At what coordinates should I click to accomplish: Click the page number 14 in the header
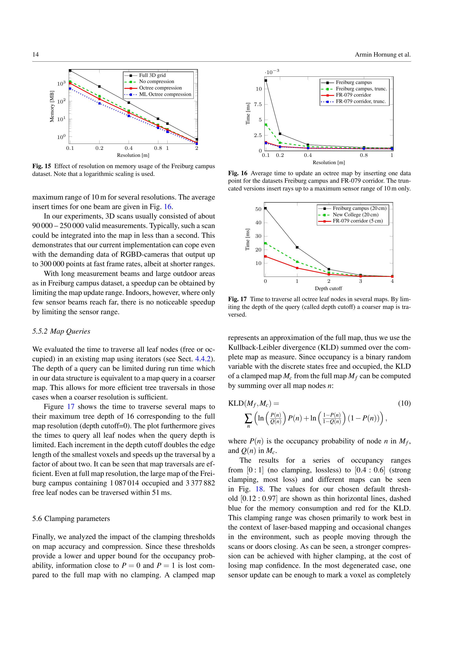(35, 55)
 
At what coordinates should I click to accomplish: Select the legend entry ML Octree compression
(165, 94)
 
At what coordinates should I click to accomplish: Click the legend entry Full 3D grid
(152, 75)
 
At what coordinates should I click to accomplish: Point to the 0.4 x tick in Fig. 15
(129, 148)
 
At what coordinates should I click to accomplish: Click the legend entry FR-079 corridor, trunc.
(361, 101)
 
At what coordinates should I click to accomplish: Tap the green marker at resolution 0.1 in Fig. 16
(266, 124)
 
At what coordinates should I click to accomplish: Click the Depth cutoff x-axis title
(328, 288)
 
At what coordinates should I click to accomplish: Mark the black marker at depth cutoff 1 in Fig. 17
(297, 247)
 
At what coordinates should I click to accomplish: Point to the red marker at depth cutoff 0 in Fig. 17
(265, 256)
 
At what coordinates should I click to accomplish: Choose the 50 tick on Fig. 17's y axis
(258, 209)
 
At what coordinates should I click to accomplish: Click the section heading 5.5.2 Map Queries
(61, 331)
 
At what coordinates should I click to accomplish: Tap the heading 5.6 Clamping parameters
(71, 519)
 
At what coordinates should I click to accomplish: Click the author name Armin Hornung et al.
(383, 55)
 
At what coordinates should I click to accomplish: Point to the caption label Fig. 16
(237, 173)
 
